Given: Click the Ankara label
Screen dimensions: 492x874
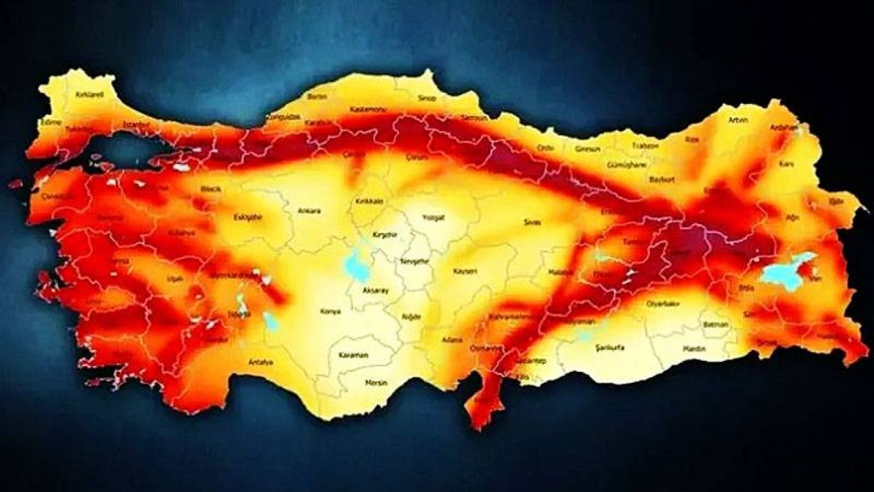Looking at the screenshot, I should point(309,211).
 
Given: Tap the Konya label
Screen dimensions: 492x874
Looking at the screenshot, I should point(330,312).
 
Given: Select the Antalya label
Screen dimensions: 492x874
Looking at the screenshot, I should point(261,361).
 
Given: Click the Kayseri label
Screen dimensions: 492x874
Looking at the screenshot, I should point(465,271).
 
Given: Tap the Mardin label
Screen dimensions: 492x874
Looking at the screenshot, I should point(694,349).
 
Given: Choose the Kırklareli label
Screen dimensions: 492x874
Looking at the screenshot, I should point(89,95).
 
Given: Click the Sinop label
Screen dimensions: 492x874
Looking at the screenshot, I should point(427,98).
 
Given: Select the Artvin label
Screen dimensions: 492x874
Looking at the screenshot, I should point(738,120).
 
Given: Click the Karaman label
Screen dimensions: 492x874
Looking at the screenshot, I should point(353,355).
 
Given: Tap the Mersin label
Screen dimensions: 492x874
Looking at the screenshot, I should point(376,383).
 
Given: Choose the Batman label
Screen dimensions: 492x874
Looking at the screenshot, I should point(716,325).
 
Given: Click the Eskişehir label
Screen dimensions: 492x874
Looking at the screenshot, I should point(248,217).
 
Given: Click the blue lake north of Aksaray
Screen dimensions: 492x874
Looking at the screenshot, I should point(356,265).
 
